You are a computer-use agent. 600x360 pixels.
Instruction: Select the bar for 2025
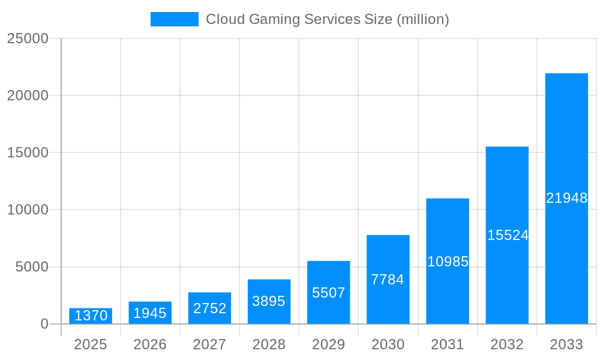[x=91, y=316]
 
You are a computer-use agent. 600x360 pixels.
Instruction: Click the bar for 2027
[x=209, y=308]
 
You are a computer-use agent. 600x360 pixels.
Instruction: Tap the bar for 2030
[x=388, y=280]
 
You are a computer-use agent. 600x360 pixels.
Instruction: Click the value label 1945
[x=150, y=313]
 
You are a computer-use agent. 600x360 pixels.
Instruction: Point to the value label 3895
[x=269, y=301]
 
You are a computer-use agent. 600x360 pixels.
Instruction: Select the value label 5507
[x=328, y=293]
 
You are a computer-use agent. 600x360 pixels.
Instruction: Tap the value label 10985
[x=448, y=262]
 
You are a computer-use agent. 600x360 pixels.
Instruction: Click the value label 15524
[x=507, y=235]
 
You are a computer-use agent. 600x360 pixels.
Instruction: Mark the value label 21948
[x=566, y=198]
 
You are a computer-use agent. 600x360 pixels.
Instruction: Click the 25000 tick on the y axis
[x=28, y=38]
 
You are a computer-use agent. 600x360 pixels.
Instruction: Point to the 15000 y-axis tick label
[x=28, y=152]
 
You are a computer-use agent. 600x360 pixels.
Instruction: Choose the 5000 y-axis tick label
[x=32, y=267]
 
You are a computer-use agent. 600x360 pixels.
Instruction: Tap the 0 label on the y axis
[x=44, y=324]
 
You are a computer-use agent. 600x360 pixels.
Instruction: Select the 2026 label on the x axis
[x=150, y=344]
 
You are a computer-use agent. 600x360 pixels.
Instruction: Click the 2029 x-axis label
[x=328, y=344]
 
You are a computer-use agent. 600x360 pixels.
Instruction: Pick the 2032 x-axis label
[x=507, y=344]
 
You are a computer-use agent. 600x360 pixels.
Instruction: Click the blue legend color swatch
[x=174, y=19]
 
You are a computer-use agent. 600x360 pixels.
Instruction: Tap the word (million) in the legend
[x=422, y=19]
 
